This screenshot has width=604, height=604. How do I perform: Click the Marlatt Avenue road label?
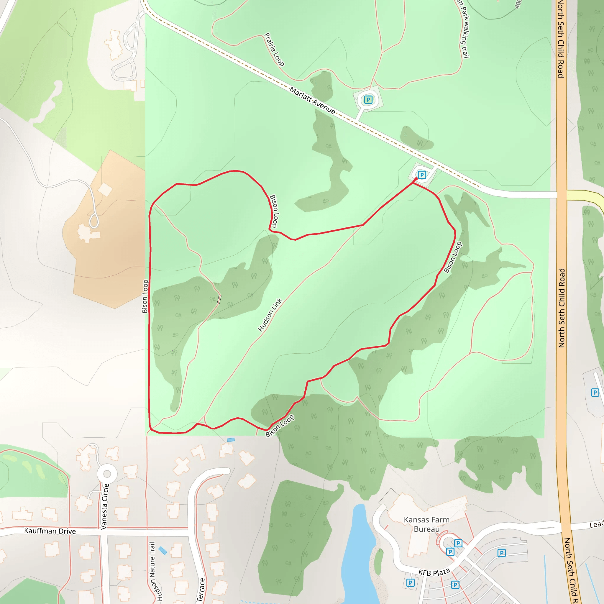tap(312, 101)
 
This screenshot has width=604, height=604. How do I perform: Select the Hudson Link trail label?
tap(270, 315)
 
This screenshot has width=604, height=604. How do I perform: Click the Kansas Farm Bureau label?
tap(426, 524)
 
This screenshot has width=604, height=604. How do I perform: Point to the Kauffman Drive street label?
tap(50, 531)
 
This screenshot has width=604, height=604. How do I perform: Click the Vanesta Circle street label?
tap(105, 506)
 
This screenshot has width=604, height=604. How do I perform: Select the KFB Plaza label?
tap(434, 572)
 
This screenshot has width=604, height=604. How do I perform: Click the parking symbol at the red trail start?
tap(422, 175)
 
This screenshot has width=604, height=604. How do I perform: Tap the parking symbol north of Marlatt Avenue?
tap(368, 100)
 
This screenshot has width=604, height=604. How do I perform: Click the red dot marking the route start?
tap(416, 179)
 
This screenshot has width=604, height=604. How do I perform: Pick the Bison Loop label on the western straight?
tap(145, 296)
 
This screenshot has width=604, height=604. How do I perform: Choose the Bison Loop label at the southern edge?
tap(280, 426)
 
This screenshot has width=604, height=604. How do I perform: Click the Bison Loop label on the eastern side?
tap(453, 257)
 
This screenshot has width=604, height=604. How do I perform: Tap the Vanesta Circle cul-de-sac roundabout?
tap(107, 474)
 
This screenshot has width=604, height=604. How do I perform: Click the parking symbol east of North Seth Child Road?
tap(595, 392)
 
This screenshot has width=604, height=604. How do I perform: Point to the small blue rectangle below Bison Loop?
tap(231, 440)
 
